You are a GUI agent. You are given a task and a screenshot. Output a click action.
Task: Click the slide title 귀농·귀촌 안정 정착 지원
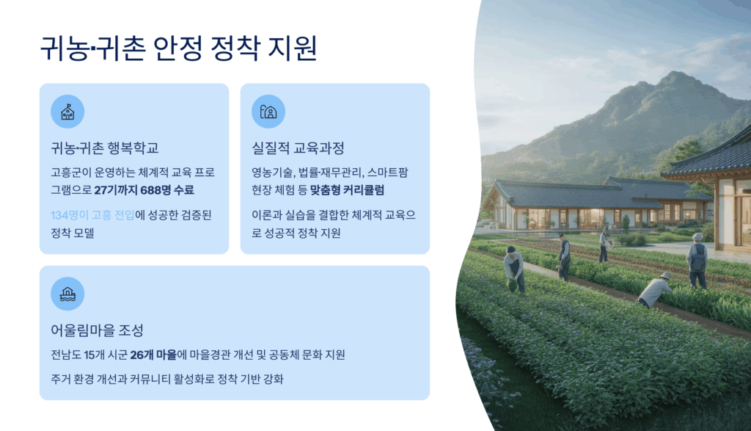(178, 48)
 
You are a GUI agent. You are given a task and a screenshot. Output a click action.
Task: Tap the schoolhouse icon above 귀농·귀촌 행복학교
(67, 112)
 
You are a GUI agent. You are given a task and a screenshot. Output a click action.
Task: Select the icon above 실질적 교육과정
(268, 112)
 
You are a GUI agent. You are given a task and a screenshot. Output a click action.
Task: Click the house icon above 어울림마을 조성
(67, 294)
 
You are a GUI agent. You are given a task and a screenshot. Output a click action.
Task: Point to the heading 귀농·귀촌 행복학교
(105, 148)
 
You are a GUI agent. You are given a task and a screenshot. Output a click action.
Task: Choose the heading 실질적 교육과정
(298, 148)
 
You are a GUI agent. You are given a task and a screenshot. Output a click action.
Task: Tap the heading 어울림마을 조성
(98, 330)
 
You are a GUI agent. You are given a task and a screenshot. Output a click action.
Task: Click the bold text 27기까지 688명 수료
(144, 190)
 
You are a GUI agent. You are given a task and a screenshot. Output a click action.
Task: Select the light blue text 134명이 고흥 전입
(93, 215)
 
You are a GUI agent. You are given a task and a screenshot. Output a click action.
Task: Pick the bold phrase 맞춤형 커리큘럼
(347, 190)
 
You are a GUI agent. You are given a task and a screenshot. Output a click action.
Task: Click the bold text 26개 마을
(153, 355)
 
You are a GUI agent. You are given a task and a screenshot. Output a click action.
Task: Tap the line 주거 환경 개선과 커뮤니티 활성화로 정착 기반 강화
(167, 379)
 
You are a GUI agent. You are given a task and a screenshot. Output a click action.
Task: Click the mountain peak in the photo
(675, 75)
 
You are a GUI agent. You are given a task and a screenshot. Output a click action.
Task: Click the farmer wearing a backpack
(697, 261)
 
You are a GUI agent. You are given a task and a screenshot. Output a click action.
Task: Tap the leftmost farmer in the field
(514, 269)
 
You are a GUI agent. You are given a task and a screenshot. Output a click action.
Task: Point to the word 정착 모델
(73, 233)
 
